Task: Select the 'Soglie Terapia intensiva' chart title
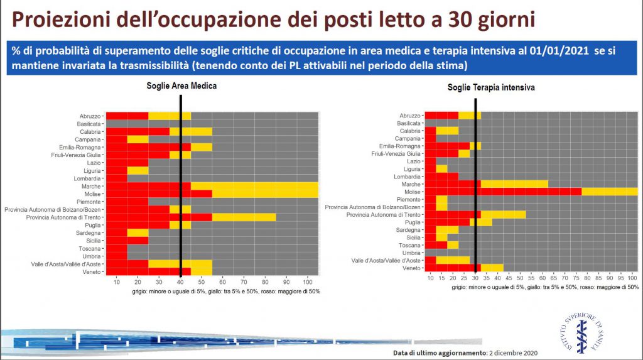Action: pyautogui.click(x=491, y=88)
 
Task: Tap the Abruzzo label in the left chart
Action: pyautogui.click(x=90, y=116)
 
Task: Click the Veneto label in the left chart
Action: pyautogui.click(x=91, y=271)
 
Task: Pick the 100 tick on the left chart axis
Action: pyautogui.click(x=306, y=282)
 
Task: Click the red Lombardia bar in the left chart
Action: pyautogui.click(x=117, y=178)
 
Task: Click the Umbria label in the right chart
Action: pyautogui.click(x=413, y=253)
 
